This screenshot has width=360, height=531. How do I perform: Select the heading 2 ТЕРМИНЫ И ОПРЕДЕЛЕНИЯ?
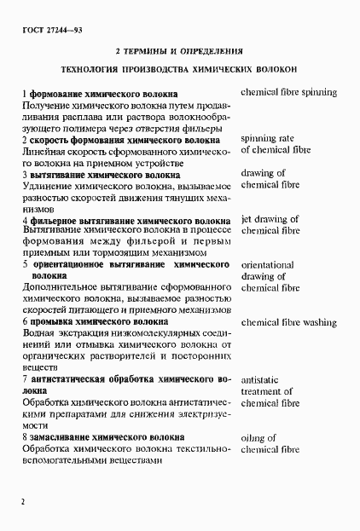[179, 49]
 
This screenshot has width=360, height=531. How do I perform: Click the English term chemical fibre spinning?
[288, 92]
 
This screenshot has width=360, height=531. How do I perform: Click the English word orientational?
[268, 265]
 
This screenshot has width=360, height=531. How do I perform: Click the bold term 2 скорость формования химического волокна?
[123, 139]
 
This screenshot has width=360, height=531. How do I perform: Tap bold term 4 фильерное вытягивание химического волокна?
[125, 220]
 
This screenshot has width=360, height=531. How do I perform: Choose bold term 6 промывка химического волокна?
[95, 323]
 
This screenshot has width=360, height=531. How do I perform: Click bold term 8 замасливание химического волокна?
[103, 437]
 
